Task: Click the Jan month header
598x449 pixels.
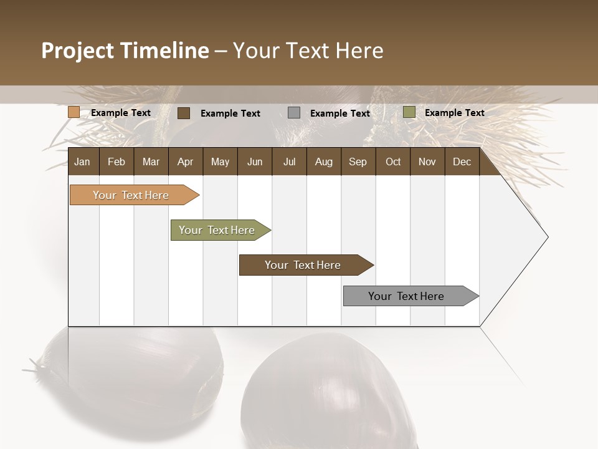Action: (x=82, y=162)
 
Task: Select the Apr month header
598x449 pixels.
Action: (x=186, y=162)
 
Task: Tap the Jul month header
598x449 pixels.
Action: (x=289, y=162)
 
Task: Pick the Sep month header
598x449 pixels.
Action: (x=358, y=162)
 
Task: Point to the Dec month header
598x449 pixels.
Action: (x=462, y=162)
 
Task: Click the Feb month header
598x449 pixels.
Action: (x=116, y=162)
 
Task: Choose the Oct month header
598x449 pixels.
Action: (x=393, y=162)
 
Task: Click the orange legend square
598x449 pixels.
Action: (x=74, y=112)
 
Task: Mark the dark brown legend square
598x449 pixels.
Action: (x=184, y=113)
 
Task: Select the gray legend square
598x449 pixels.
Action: (x=294, y=113)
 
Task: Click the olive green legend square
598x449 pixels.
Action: (x=409, y=112)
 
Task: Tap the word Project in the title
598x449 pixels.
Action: (x=77, y=51)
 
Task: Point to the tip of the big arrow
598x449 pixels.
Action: (x=547, y=237)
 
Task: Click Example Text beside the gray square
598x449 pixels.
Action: (x=340, y=113)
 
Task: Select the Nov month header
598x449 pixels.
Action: (x=427, y=162)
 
